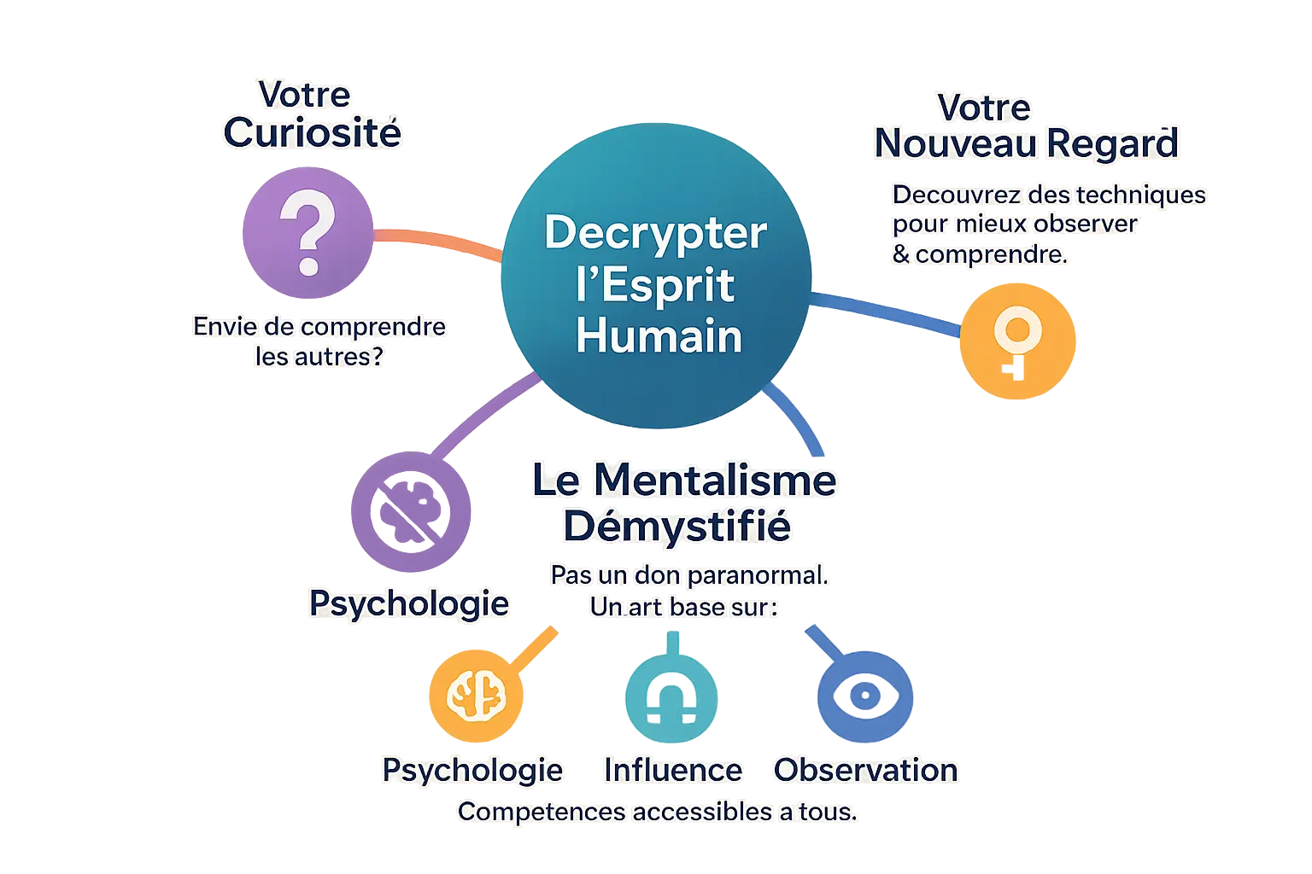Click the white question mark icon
307,232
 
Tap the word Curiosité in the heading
312,132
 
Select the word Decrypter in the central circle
656,232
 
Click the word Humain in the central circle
659,335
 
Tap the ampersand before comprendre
900,254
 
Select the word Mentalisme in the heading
714,480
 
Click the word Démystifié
676,526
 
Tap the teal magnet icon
671,698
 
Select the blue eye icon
864,695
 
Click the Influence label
673,770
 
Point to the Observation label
866,770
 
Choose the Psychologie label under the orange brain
472,770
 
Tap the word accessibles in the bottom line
702,812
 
